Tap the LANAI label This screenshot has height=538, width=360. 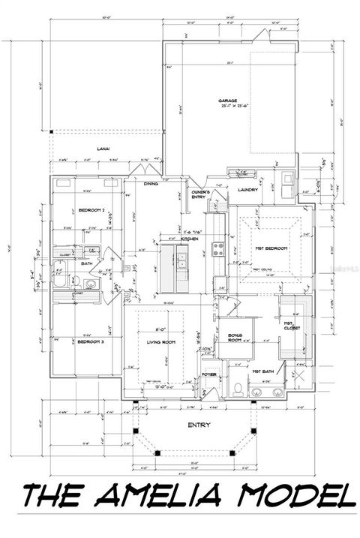pos(103,149)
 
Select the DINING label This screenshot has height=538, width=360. pos(150,182)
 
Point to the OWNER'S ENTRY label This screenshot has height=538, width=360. pos(199,194)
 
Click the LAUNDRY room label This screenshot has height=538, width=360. pos(249,189)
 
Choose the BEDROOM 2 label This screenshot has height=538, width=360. pos(88,211)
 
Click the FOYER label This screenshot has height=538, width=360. pos(209,373)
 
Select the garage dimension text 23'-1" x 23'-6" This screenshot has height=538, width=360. pos(228,106)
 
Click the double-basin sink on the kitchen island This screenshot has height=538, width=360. pos(181,260)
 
